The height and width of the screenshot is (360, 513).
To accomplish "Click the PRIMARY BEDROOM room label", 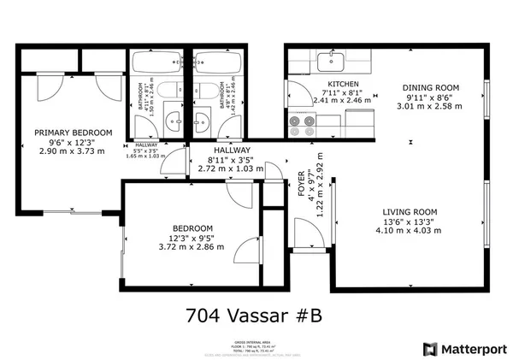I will pyautogui.click(x=73, y=133).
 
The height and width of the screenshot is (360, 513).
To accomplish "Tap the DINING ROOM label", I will pyautogui.click(x=432, y=87).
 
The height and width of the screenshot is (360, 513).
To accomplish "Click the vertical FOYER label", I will pyautogui.click(x=301, y=184).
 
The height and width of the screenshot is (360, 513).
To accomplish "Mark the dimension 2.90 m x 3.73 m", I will pyautogui.click(x=73, y=151).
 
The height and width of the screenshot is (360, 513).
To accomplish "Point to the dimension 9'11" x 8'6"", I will pyautogui.click(x=432, y=97).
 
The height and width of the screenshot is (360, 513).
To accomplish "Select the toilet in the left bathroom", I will pyautogui.click(x=170, y=91).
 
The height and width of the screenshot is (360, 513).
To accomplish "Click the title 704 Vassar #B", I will pyautogui.click(x=254, y=315).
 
